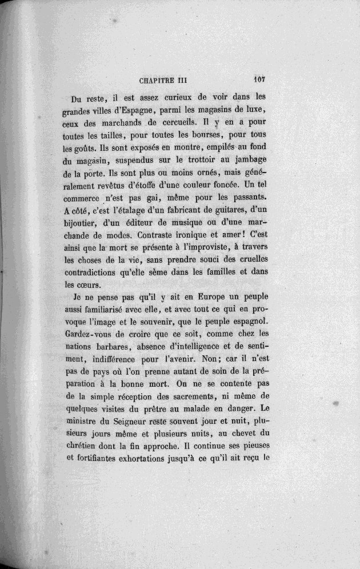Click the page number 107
click(262, 80)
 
